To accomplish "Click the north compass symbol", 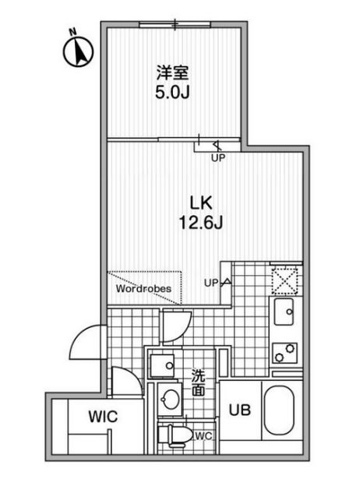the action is [x=78, y=50].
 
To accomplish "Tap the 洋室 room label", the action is [x=172, y=73].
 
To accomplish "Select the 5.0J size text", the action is [x=172, y=92].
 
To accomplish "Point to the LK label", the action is [x=201, y=203].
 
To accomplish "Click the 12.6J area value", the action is [x=201, y=222].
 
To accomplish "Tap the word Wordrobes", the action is [x=143, y=288].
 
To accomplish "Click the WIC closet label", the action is [x=104, y=417].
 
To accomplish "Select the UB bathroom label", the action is [x=240, y=410].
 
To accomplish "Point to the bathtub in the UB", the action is [x=279, y=410].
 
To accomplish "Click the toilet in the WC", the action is [x=175, y=434].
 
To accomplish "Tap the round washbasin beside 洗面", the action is [x=169, y=399].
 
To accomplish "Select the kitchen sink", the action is [x=284, y=312].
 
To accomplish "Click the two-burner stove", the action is [x=284, y=353].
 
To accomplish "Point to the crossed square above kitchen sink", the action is [x=284, y=281].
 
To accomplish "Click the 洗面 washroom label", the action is [x=198, y=382].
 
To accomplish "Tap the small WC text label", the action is [x=204, y=436].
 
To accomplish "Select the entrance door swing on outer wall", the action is [x=88, y=341].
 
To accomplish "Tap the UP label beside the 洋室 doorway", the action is [x=218, y=158].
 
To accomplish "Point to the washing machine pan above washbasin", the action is [x=162, y=366].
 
